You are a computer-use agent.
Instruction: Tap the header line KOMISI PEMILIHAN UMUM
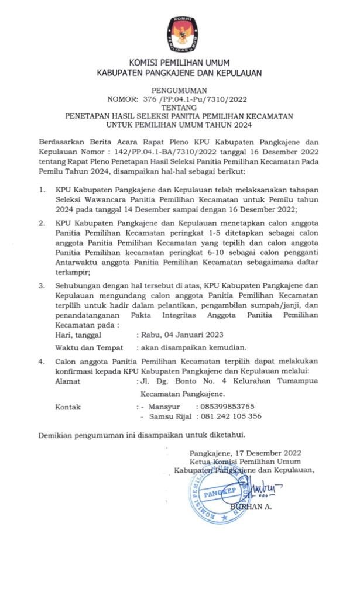point(179,63)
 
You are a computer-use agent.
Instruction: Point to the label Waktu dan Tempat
point(84,347)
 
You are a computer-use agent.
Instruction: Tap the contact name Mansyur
point(164,407)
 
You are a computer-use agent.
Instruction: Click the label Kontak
point(67,407)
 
